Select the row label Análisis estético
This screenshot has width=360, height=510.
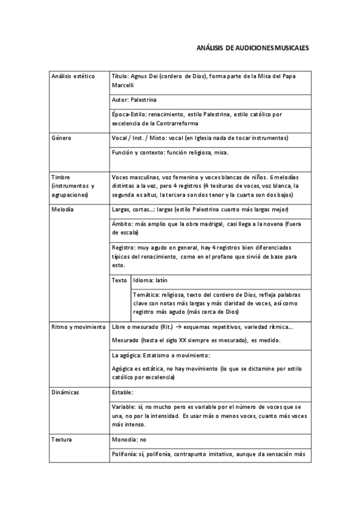coord(73,76)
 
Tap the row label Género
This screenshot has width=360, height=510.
coord(62,138)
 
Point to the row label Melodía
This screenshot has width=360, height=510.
coord(63,209)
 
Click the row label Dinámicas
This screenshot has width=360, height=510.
coord(66,392)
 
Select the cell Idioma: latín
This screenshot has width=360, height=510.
coord(150,280)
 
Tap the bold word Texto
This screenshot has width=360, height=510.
coord(120,280)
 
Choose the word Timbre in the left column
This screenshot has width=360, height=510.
coord(61,177)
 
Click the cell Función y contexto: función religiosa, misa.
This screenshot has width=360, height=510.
coord(170,152)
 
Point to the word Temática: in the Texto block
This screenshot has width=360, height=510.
coord(145,295)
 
